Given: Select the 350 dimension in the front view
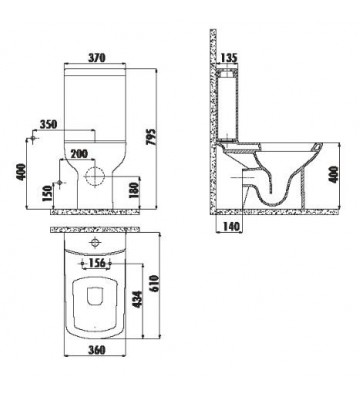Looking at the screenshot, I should pyautogui.click(x=45, y=125).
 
